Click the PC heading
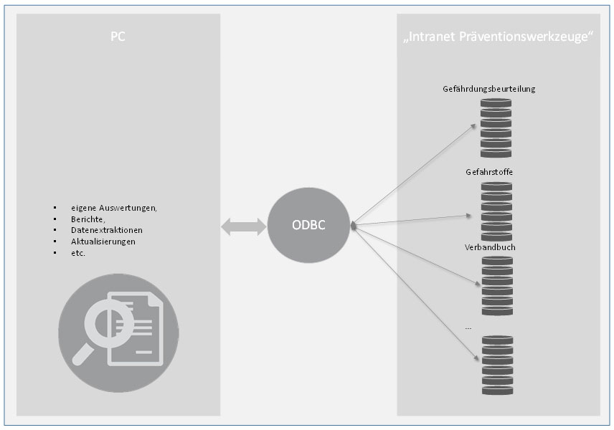(x=118, y=37)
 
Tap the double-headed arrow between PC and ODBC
(x=243, y=227)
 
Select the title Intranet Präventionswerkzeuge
(x=498, y=37)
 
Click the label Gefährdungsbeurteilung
(x=489, y=89)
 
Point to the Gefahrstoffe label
(x=489, y=173)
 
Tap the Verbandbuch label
(x=491, y=247)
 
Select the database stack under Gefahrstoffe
(x=496, y=212)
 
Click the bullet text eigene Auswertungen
(x=113, y=208)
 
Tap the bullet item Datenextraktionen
(x=106, y=231)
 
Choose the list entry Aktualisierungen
(x=103, y=242)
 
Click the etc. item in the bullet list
(x=78, y=254)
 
